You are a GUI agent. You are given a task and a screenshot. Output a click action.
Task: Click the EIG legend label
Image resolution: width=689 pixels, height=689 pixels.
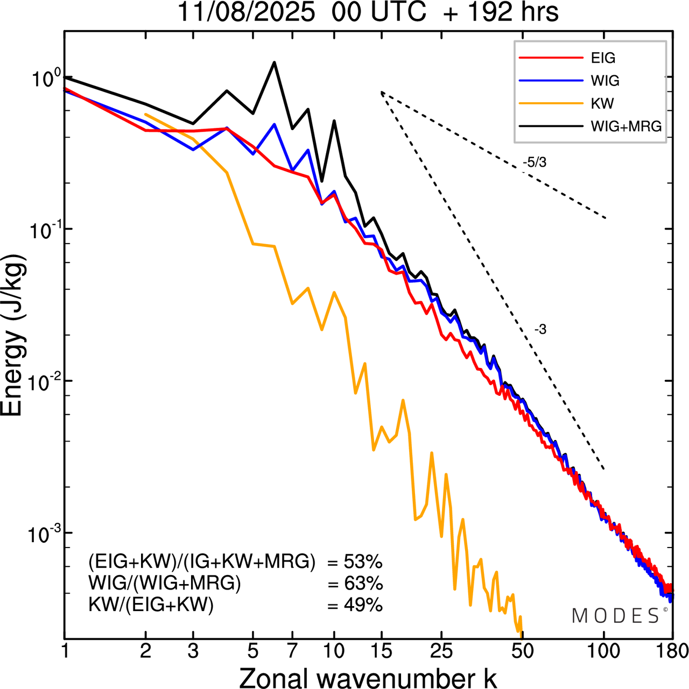603,58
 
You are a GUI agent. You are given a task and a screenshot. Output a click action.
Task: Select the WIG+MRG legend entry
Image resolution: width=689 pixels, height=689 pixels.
626,126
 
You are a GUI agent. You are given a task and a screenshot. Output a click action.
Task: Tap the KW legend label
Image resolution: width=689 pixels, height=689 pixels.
602,103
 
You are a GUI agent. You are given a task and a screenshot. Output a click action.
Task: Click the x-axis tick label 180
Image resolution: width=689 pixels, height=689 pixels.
672,651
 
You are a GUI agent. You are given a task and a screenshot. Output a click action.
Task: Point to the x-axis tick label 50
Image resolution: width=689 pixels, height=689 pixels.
522,651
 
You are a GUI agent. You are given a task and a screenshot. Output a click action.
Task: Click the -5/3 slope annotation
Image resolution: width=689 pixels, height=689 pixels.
535,162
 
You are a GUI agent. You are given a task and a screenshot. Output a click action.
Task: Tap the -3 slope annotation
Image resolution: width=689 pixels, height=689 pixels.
540,330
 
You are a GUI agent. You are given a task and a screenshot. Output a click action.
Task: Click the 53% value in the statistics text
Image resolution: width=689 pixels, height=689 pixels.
363,563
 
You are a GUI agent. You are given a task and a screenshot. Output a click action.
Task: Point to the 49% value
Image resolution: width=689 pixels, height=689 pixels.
363,606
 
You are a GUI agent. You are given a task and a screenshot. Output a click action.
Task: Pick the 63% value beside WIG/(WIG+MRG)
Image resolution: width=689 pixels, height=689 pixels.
363,584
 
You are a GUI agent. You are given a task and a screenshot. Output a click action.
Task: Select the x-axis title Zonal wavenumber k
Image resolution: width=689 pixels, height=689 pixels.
368,678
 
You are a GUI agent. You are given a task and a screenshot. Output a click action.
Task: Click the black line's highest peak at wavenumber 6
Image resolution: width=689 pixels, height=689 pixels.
275,63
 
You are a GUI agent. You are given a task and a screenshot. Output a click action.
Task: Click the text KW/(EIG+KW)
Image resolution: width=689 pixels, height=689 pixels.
151,606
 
